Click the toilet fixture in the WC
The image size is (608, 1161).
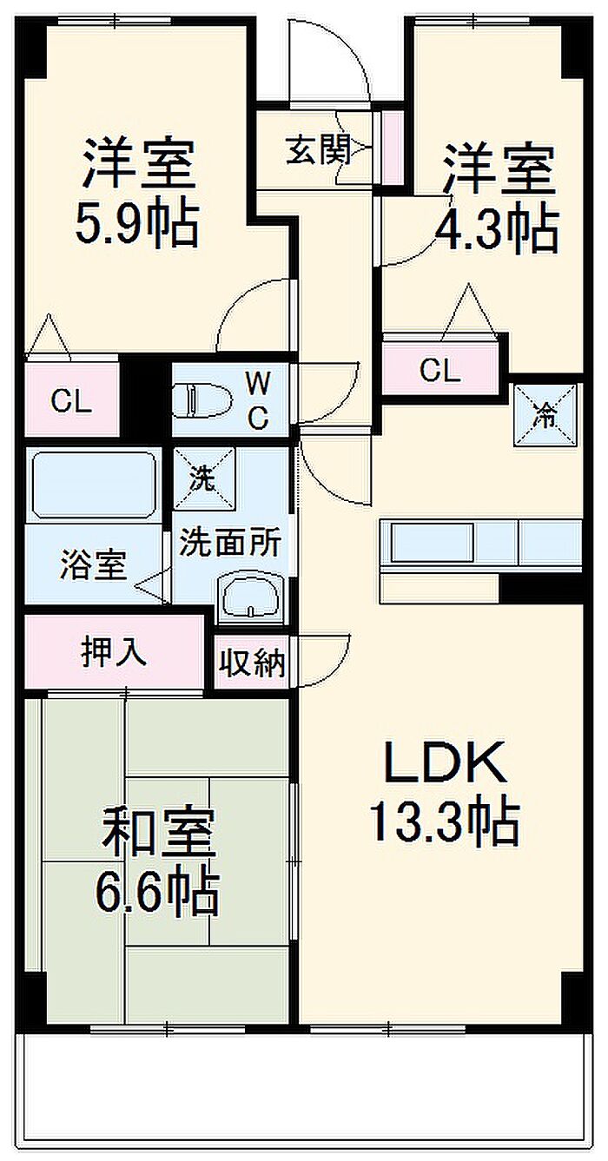[202, 400]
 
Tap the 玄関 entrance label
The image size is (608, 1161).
[319, 149]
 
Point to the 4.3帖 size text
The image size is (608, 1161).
[497, 231]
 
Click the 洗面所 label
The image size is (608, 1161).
[230, 542]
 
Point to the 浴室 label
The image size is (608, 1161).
[94, 565]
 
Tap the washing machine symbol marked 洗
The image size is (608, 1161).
[204, 478]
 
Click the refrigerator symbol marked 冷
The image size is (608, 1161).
[545, 415]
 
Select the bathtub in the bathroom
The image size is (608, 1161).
[95, 485]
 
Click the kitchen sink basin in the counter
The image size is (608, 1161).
[433, 542]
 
